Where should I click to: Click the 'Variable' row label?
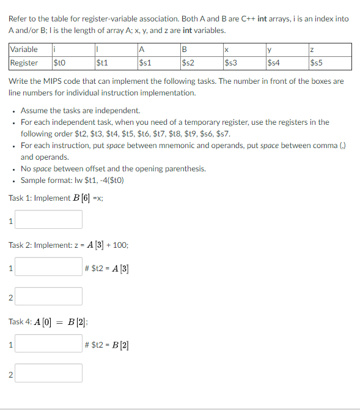pos(24,50)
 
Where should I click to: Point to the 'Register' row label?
pos(24,62)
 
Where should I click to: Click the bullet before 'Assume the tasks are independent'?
pos(13,111)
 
